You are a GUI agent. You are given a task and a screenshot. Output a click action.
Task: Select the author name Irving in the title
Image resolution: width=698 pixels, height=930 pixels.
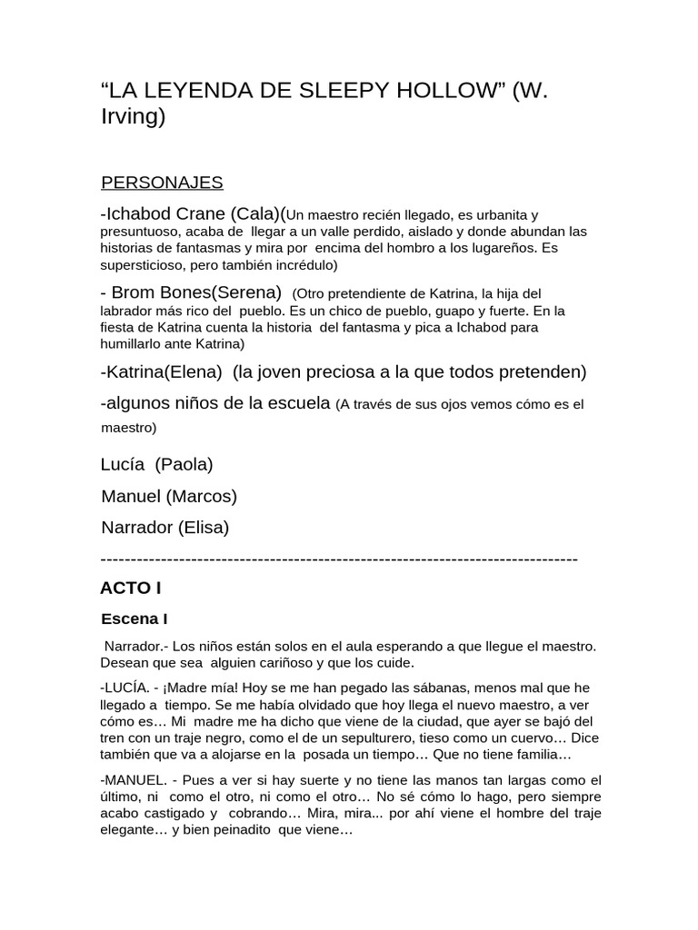coord(133,117)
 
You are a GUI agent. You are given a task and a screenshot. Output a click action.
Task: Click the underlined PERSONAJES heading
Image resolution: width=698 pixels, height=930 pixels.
coord(162,183)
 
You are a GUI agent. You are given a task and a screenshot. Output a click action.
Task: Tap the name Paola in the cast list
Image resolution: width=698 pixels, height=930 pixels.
coord(184,464)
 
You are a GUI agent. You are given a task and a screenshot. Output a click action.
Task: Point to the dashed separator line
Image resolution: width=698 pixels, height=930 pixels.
coord(338,558)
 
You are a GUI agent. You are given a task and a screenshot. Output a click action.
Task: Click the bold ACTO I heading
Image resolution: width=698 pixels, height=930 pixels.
coord(130,588)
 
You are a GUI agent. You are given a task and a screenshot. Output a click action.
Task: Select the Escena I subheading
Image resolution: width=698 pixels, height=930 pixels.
coord(134,619)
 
